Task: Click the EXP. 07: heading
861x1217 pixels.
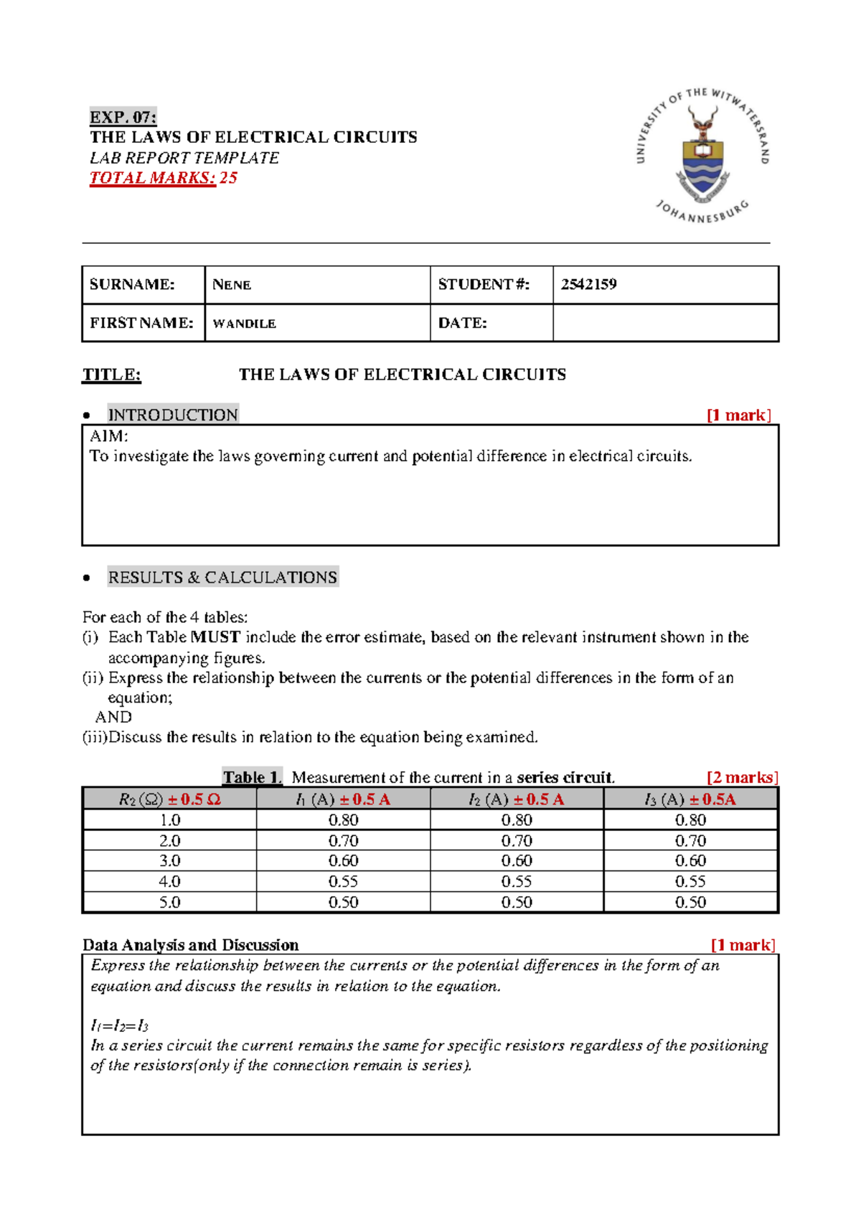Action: coord(123,117)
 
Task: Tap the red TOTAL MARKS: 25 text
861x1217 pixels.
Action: coord(163,178)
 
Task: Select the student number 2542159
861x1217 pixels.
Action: coord(588,284)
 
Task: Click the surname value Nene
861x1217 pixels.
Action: coord(232,285)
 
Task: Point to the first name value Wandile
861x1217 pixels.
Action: coord(244,324)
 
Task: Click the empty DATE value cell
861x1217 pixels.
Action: coord(665,323)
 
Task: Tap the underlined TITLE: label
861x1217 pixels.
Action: coord(111,375)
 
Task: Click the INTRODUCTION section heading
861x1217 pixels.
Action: coord(172,415)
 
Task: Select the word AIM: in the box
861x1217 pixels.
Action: coord(108,436)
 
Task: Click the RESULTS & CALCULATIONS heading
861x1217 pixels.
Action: coord(222,578)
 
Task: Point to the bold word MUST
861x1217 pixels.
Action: coord(215,637)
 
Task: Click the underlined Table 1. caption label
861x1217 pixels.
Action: coord(252,777)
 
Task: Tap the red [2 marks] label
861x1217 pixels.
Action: coord(742,777)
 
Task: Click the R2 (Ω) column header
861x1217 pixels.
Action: coord(169,799)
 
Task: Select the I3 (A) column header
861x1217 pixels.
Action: coord(690,799)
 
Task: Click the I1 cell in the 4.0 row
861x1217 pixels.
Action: coord(343,881)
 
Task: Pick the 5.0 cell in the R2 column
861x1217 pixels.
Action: coord(169,902)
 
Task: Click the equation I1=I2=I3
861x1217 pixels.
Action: coord(119,1025)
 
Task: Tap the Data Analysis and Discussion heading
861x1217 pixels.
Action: coord(190,945)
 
